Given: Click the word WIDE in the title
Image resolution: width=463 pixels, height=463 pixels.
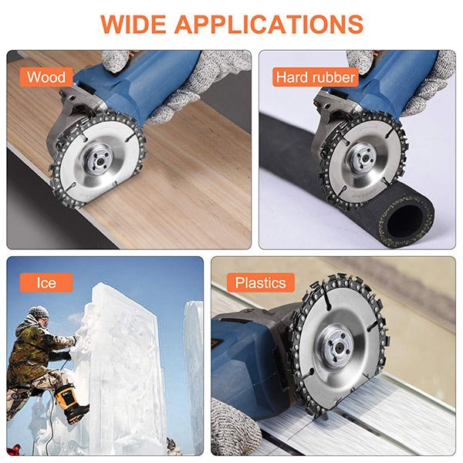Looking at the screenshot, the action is click(x=134, y=24).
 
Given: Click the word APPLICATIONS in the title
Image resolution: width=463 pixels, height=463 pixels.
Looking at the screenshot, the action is click(x=269, y=24).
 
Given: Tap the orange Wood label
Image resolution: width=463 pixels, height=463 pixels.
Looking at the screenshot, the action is click(x=46, y=77).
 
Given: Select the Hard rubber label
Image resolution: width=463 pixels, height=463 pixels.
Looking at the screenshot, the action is click(x=316, y=77).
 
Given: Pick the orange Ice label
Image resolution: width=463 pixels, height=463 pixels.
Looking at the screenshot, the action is click(x=46, y=282).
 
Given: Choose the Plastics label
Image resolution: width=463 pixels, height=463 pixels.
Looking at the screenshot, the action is click(x=261, y=282).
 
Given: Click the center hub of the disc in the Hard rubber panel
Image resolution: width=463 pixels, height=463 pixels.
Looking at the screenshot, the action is click(x=362, y=157).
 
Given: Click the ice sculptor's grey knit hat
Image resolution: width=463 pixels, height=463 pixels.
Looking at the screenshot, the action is click(x=39, y=312).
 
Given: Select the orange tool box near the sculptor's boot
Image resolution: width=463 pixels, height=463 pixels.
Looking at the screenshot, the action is click(x=67, y=399).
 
